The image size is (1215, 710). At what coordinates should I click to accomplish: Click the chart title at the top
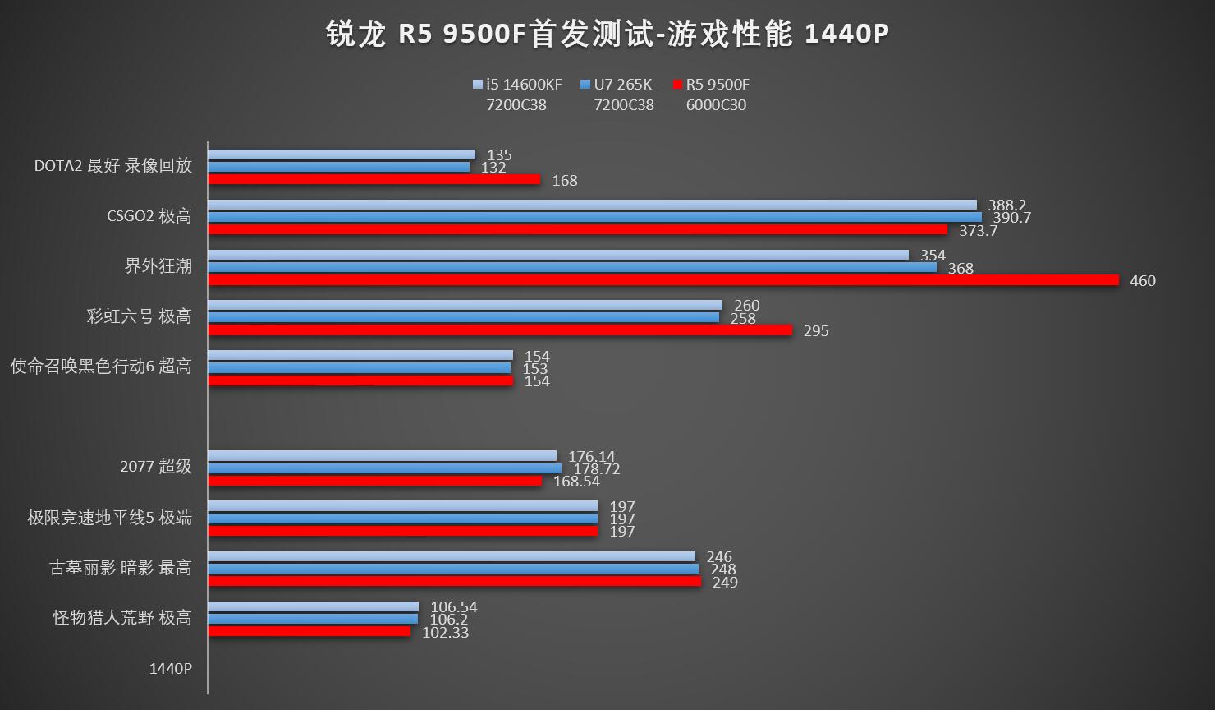[x=607, y=35]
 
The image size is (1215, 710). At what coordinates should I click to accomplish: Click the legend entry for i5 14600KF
[x=518, y=84]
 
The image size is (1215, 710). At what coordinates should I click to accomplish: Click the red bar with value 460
[x=663, y=280]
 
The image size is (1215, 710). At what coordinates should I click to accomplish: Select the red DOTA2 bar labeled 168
[x=374, y=179]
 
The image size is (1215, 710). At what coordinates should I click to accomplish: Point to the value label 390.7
[x=1011, y=218]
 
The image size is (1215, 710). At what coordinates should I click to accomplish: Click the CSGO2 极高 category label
[x=149, y=216]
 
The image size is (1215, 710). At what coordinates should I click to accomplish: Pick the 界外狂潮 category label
[x=158, y=266]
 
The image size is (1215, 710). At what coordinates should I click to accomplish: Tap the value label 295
[x=816, y=331]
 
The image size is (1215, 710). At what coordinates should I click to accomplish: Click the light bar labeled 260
[x=465, y=305]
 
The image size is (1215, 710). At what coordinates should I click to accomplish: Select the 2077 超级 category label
[x=155, y=467]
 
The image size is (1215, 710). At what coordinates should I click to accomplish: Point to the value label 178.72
[x=597, y=469]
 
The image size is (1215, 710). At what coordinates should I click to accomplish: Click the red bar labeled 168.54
[x=374, y=481]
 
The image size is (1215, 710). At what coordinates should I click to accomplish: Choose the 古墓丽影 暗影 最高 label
[x=121, y=568]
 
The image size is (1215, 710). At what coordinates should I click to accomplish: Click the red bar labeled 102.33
[x=309, y=631]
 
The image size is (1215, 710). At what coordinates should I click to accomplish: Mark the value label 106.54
[x=454, y=607]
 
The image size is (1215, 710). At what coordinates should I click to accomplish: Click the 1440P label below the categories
[x=170, y=669]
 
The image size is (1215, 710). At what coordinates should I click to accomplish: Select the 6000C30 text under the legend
[x=716, y=105]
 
